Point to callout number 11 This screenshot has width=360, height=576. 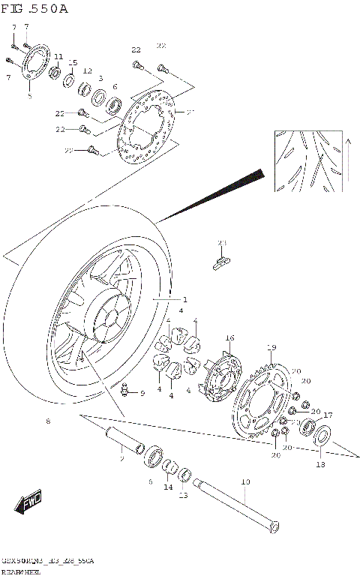click(x=58, y=57)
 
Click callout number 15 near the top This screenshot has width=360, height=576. click(x=73, y=62)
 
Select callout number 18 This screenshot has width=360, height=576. click(x=320, y=465)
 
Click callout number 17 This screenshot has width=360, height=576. click(x=328, y=415)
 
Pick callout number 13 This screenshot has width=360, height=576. click(x=183, y=495)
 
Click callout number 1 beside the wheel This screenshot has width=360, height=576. click(x=185, y=299)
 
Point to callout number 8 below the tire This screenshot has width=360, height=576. click(x=48, y=421)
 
